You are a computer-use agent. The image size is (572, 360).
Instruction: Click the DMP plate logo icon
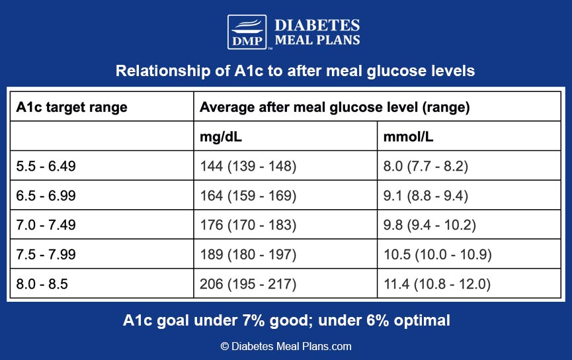247,32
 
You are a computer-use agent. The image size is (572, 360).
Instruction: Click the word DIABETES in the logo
317,25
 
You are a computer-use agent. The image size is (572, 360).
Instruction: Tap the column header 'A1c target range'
72,107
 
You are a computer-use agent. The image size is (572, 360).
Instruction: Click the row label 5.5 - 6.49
46,166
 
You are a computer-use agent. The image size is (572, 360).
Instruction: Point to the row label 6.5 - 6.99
46,196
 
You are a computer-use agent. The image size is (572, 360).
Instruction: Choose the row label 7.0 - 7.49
46,225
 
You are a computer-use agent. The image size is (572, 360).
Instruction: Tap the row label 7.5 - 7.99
46,255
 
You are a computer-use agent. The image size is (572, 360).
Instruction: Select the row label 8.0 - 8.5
42,284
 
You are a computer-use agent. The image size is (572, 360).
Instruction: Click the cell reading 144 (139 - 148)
248,166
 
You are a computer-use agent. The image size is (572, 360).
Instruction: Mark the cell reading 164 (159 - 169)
248,196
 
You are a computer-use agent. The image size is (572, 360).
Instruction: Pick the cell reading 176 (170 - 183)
248,225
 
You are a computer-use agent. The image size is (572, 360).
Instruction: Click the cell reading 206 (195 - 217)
248,284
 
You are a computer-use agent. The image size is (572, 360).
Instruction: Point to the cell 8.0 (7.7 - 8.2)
425,166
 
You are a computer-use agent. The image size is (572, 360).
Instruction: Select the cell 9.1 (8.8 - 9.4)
425,196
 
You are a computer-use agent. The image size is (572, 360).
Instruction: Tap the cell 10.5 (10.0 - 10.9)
437,255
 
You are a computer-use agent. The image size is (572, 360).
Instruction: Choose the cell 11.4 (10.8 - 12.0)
437,284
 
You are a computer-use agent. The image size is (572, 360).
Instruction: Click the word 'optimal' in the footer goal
422,320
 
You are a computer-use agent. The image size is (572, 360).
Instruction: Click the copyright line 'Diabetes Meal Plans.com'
286,346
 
